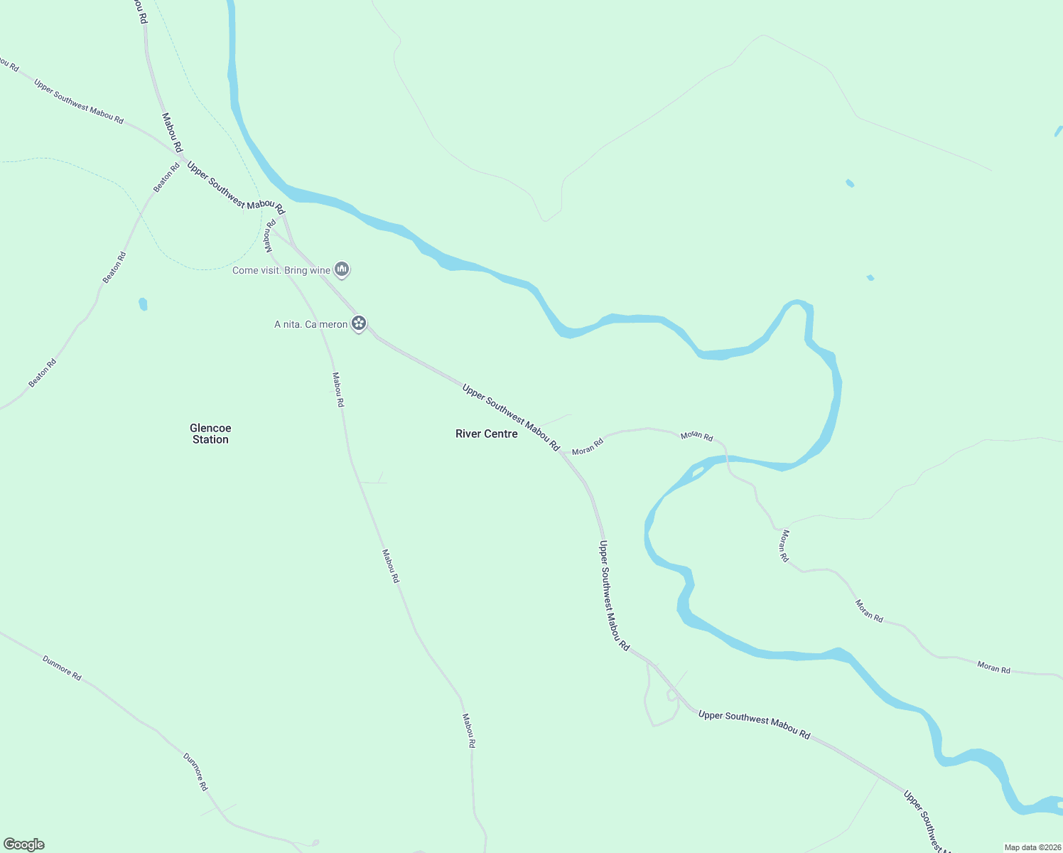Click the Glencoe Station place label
pos(210,434)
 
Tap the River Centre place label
pos(487,434)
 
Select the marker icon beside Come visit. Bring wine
pos(342,269)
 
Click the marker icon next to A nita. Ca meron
pos(360,323)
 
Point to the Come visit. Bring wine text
pos(281,271)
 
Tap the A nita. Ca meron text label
pos(311,325)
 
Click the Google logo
pos(24,844)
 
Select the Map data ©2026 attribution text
pos(1032,847)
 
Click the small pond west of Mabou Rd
pos(143,304)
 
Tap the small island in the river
pos(698,471)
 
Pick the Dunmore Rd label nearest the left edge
pos(62,668)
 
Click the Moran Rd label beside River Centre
pos(588,446)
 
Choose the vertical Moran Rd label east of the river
pos(784,546)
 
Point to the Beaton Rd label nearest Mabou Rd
pos(166,178)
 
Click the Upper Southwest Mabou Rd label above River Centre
pos(511,417)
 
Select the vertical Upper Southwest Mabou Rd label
pos(614,596)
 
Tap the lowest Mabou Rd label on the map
pos(468,731)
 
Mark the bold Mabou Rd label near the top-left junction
pos(172,133)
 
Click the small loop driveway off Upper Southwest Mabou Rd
pos(672,695)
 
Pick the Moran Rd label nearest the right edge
pos(993,667)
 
